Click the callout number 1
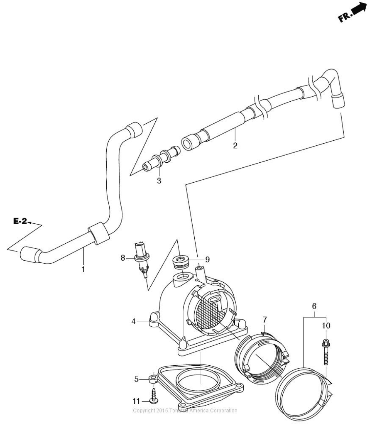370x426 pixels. pyautogui.click(x=83, y=269)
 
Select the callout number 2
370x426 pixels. pyautogui.click(x=235, y=145)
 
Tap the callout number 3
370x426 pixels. pyautogui.click(x=159, y=181)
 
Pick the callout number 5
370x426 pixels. pyautogui.click(x=136, y=379)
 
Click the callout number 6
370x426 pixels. pyautogui.click(x=314, y=306)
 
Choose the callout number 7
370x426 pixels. pyautogui.click(x=265, y=320)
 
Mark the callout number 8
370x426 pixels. pyautogui.click(x=123, y=258)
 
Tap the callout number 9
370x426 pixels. pyautogui.click(x=208, y=260)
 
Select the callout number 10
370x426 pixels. pyautogui.click(x=326, y=325)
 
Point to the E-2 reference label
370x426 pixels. pyautogui.click(x=20, y=221)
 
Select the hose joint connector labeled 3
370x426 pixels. pyautogui.click(x=161, y=159)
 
